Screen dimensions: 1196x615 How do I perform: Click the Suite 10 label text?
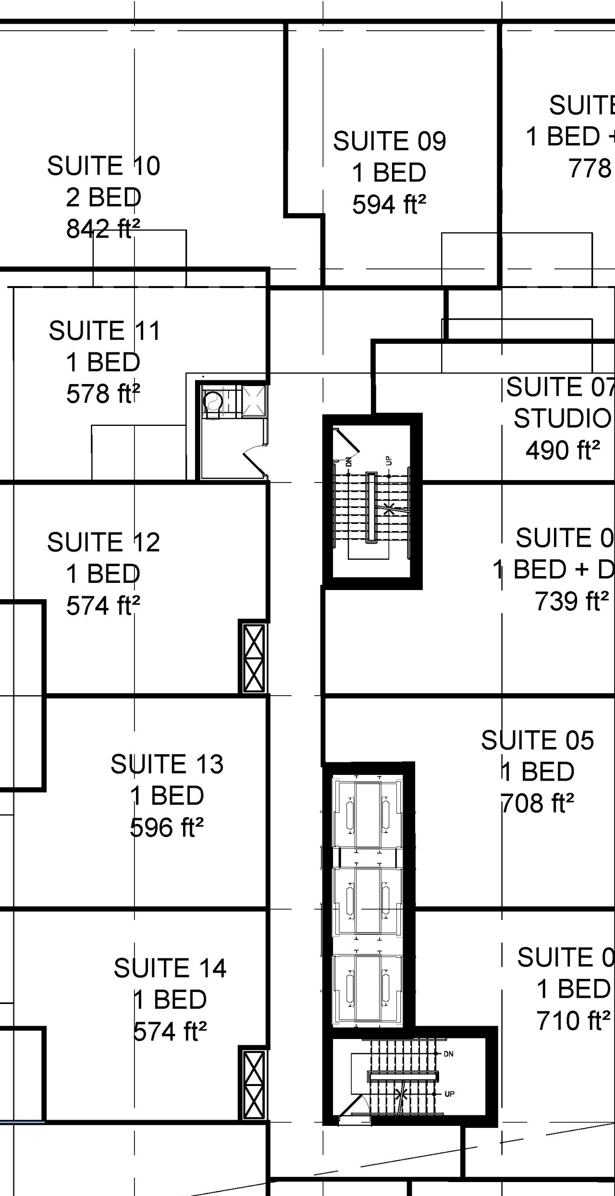point(103,166)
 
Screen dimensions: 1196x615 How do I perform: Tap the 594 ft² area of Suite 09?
point(389,205)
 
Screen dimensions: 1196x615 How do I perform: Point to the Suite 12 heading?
point(103,543)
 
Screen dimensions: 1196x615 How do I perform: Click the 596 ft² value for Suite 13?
point(167,827)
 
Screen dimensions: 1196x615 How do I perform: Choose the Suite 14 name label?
point(170,968)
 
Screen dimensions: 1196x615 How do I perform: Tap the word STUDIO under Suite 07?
point(562,419)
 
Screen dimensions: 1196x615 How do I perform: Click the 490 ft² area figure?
point(563,450)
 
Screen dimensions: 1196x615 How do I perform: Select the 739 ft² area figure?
point(572,601)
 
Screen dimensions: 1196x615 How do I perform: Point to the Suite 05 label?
point(537,740)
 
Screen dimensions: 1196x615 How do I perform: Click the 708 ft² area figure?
point(537,803)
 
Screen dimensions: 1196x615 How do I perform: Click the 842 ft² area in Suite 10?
point(103,229)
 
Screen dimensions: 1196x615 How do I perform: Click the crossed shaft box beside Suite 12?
point(253,658)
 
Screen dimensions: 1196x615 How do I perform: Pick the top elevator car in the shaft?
point(368,815)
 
